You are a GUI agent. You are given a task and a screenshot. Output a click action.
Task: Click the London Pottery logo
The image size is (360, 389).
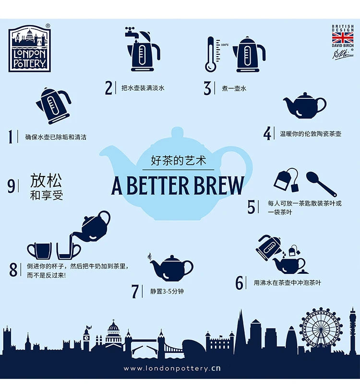[29, 48]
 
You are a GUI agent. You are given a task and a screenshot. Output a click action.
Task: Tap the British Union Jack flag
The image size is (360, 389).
[342, 38]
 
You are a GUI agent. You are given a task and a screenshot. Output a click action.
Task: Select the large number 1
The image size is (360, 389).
[11, 137]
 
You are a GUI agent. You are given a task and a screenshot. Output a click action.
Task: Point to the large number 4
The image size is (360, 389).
[267, 133]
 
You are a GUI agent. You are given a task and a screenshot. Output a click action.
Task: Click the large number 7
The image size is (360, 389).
[135, 291]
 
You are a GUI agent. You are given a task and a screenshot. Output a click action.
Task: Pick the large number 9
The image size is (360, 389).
[11, 186]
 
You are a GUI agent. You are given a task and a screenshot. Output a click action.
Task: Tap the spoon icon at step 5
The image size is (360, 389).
[321, 183]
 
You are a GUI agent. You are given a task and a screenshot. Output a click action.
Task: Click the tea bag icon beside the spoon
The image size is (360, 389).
[286, 180]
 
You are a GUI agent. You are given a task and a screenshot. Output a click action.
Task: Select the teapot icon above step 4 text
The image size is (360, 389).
[304, 106]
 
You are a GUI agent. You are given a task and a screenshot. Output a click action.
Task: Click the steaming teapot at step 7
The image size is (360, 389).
[171, 267]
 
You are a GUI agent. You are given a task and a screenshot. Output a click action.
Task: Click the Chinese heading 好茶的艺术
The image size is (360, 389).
[178, 161]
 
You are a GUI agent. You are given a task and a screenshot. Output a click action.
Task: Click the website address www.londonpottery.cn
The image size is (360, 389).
[172, 368]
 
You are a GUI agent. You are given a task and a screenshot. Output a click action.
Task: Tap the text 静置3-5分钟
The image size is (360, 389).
[167, 291]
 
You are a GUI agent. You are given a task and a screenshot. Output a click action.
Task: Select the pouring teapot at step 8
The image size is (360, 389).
[94, 226]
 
